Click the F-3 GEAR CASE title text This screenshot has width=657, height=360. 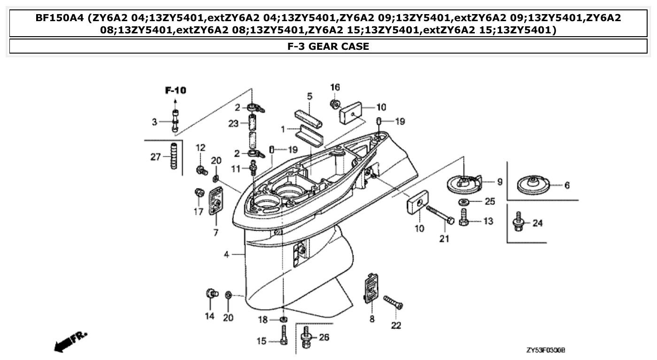point(328,47)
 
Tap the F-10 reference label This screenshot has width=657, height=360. point(175,90)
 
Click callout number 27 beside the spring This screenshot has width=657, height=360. point(155,157)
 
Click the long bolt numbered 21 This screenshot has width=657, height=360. point(440,214)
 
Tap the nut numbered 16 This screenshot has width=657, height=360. point(335,103)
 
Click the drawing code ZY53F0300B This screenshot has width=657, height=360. point(545,351)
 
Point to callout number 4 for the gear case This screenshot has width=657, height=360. point(226,255)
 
